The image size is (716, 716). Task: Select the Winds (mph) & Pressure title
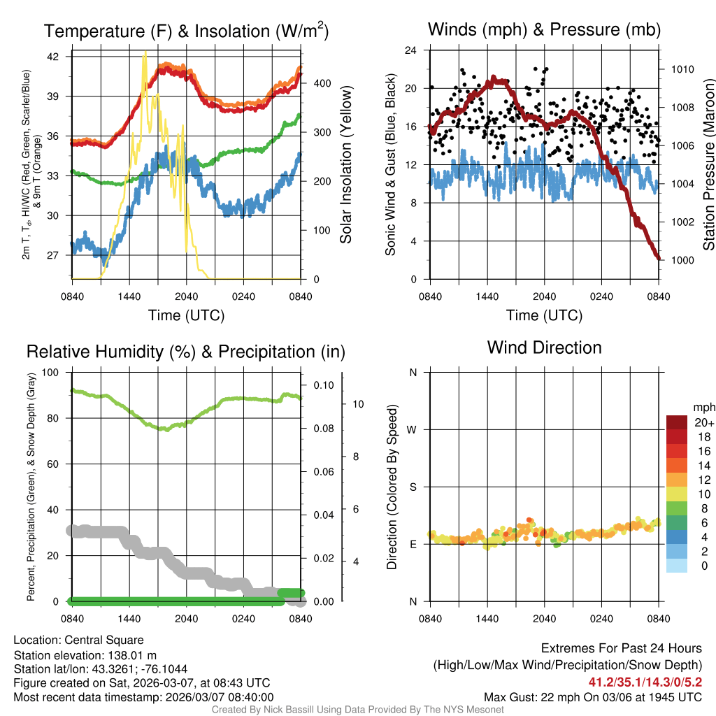click(544, 29)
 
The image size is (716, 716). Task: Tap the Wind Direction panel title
click(544, 348)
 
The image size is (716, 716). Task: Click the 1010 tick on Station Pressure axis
click(683, 69)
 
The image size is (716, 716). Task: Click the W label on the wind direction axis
click(413, 430)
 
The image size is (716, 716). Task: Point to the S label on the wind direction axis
click(413, 487)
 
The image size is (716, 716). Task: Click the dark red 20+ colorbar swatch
click(678, 422)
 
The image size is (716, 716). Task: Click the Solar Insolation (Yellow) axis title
click(345, 164)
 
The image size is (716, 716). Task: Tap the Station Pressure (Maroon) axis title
click(708, 164)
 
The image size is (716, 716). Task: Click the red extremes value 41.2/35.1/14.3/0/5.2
click(643, 681)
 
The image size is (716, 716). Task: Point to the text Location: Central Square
click(78, 640)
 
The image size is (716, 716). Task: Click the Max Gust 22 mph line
click(593, 697)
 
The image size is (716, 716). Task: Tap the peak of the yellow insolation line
click(145, 53)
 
